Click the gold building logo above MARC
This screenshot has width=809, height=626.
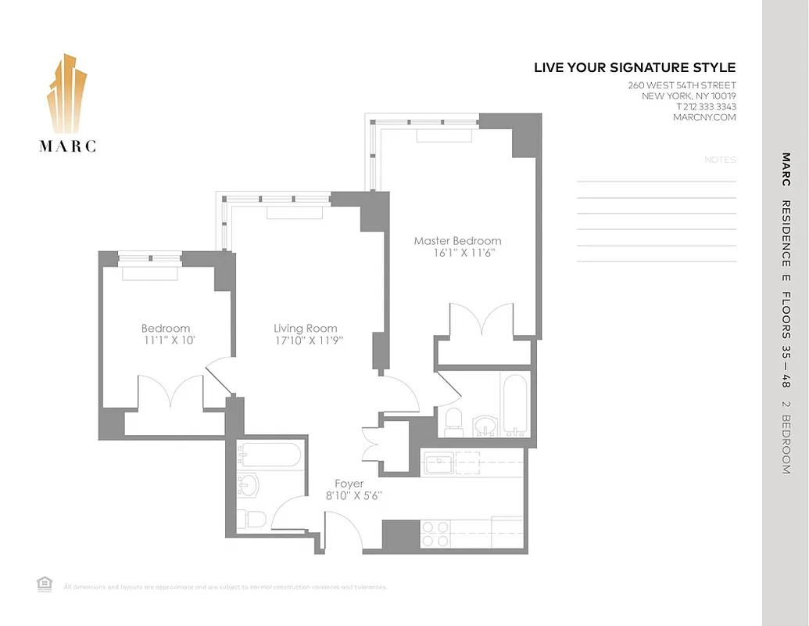[x=67, y=94]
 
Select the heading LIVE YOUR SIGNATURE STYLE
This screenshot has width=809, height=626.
[x=635, y=68]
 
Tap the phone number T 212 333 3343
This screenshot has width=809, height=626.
[x=706, y=107]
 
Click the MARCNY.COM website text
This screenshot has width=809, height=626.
[x=704, y=117]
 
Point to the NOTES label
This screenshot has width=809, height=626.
[x=720, y=160]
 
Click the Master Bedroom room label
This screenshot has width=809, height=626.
[x=457, y=241]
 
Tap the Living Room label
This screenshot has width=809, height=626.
[x=306, y=329]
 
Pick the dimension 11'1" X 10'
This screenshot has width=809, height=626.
[x=166, y=341]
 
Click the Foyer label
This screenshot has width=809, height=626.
[x=349, y=484]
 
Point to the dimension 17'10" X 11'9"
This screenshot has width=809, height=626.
[x=308, y=341]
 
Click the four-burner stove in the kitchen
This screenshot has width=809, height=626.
[x=435, y=534]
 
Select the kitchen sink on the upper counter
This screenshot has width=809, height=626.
[x=439, y=463]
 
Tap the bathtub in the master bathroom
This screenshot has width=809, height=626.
[x=514, y=405]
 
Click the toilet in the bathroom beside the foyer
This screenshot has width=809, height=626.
[x=252, y=519]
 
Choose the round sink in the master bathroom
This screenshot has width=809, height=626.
[x=485, y=426]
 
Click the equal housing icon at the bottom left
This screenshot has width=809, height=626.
[x=44, y=583]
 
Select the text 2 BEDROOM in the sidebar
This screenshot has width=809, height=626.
[x=786, y=438]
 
